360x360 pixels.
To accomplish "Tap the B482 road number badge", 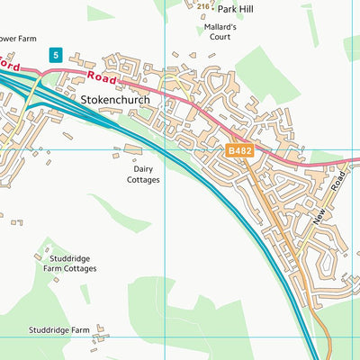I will coord(239,153).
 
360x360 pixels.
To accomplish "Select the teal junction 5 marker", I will coord(56,55).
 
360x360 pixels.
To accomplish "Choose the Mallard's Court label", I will coord(220,33).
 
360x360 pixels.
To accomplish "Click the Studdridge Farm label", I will coord(59,330).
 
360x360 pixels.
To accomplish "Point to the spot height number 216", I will coord(202,6).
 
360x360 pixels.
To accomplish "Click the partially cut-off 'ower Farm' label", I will coord(20,39).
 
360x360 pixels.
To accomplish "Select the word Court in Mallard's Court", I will coord(220,39).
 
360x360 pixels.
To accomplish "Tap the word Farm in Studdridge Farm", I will coord(82,330).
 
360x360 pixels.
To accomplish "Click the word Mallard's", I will coord(220,28).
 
